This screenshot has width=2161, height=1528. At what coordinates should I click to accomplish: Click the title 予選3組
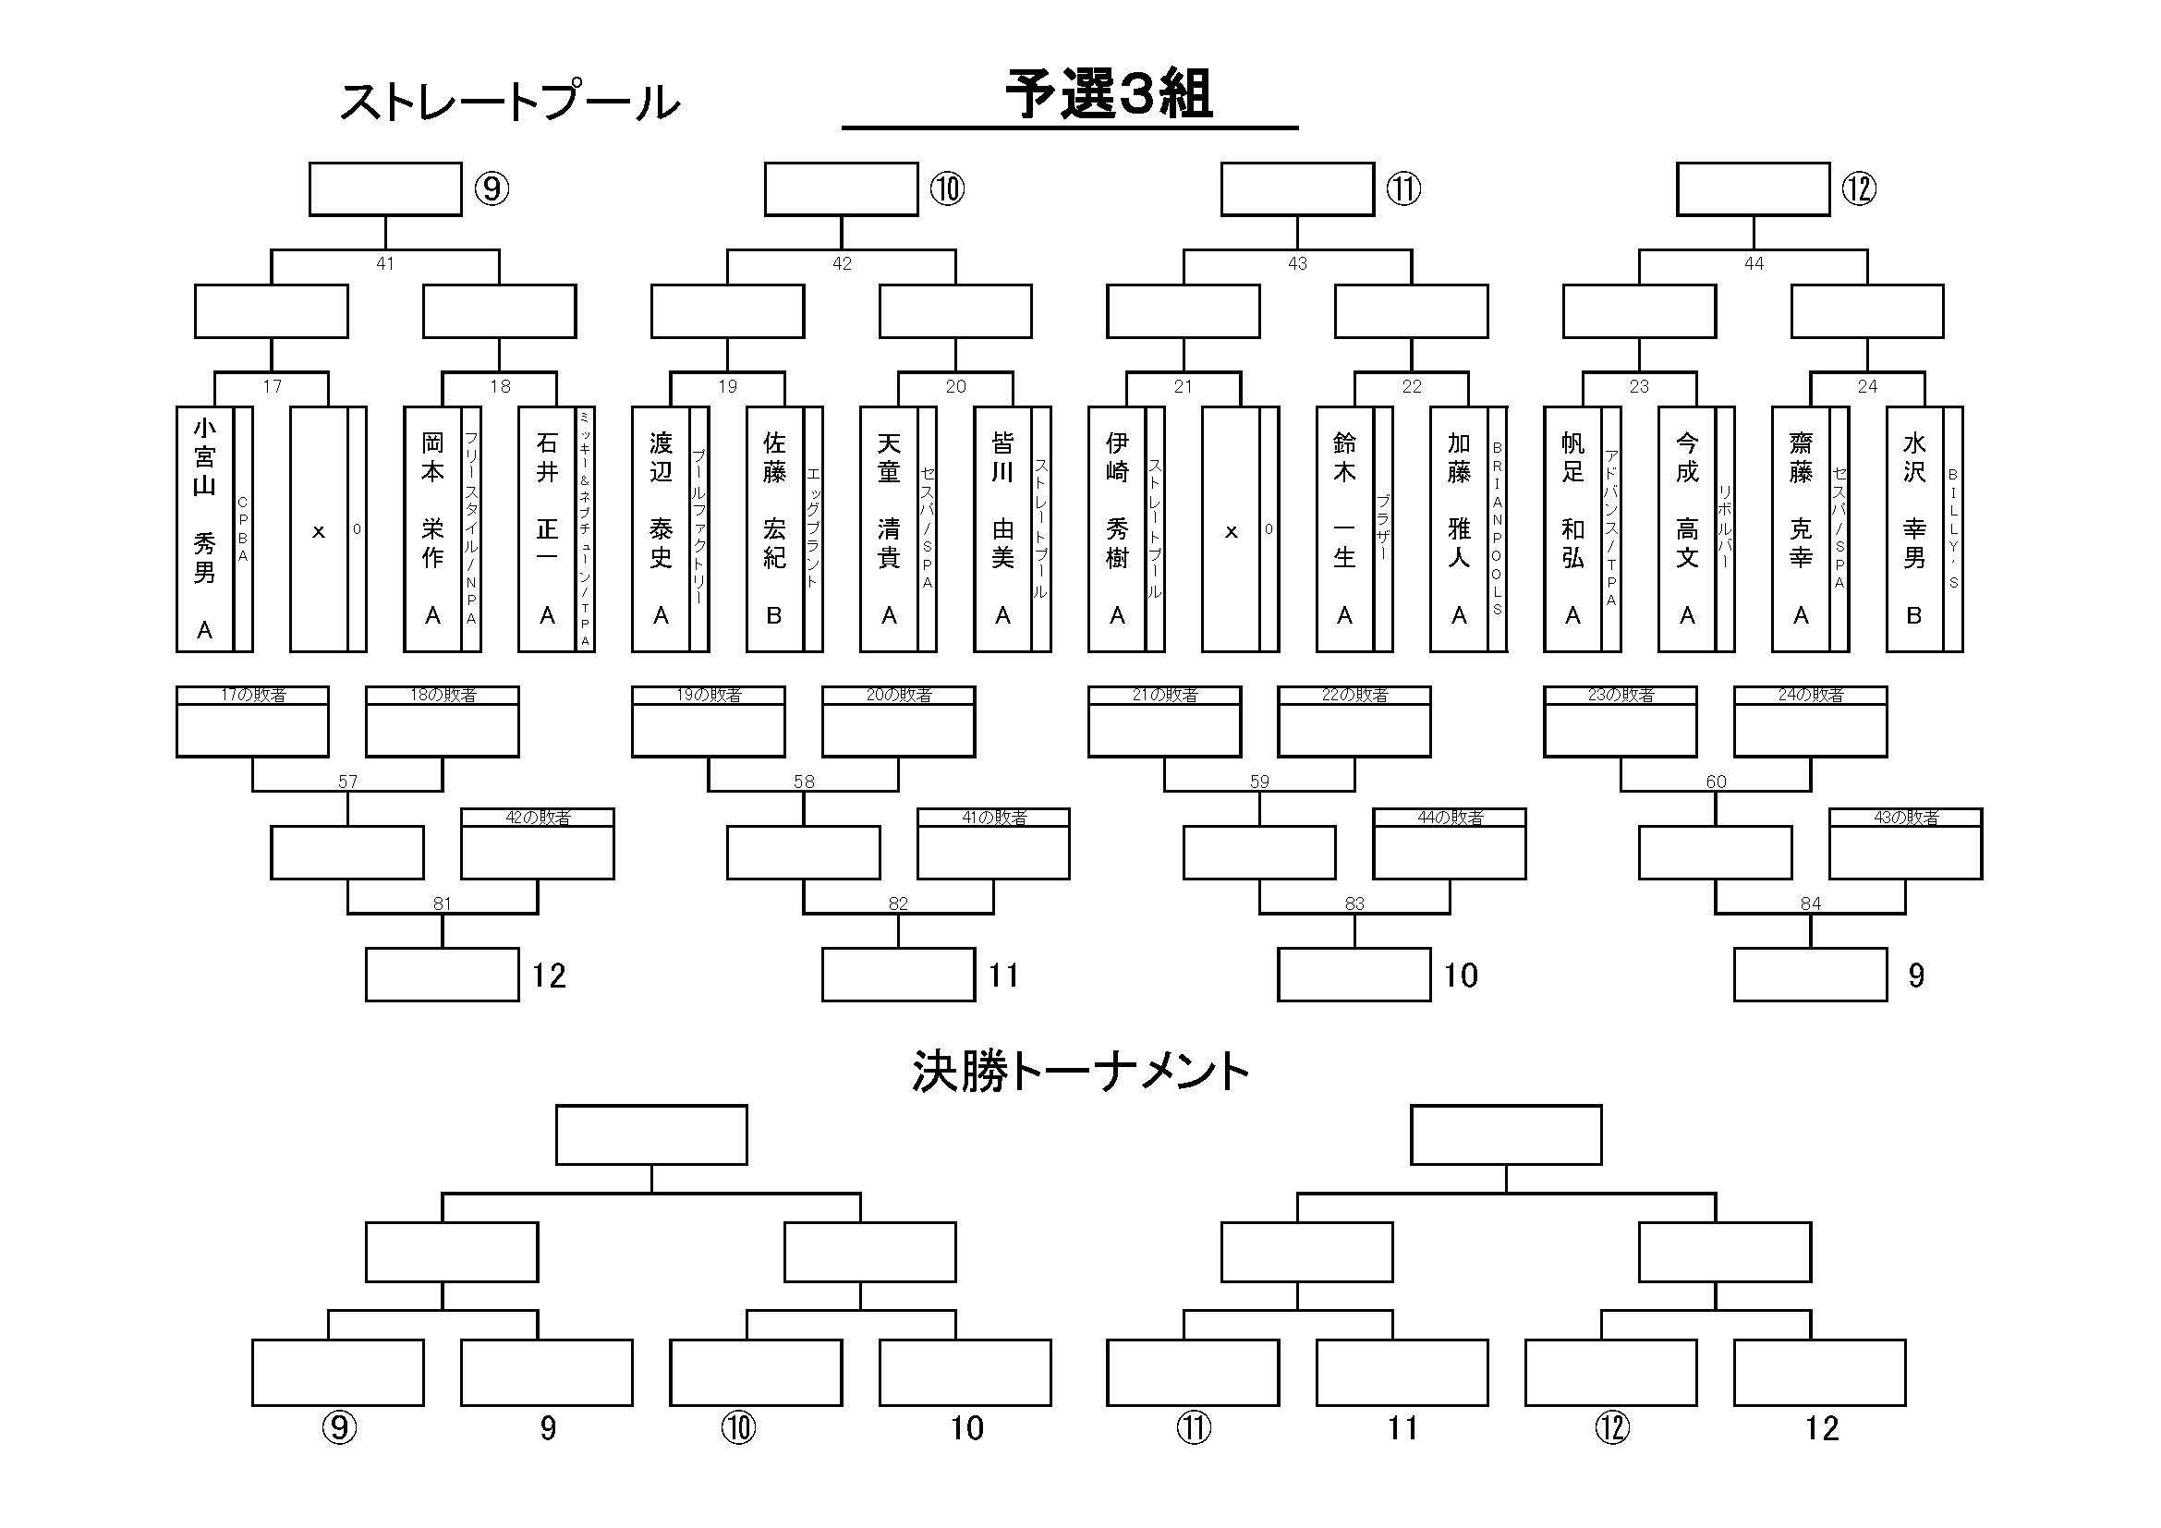(x=1109, y=95)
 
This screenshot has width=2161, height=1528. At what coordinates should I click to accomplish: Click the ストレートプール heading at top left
(x=509, y=103)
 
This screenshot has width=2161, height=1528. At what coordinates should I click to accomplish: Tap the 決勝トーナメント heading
(x=1079, y=1072)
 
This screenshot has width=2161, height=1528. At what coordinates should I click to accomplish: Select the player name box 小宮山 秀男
(x=204, y=528)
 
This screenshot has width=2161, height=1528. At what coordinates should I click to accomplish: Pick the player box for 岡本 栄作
(x=432, y=528)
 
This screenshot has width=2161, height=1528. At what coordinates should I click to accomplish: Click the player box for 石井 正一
(x=547, y=528)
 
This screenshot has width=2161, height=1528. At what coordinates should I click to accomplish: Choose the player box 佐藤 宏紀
(x=774, y=528)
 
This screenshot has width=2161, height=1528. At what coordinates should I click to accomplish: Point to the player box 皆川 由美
(x=1002, y=528)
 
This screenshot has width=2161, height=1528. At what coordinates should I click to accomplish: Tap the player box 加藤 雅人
(x=1458, y=528)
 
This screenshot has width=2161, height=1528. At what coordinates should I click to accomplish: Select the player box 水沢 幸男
(x=1913, y=528)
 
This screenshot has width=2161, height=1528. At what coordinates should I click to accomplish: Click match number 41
(x=385, y=263)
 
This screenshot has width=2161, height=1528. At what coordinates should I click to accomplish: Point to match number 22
(x=1412, y=387)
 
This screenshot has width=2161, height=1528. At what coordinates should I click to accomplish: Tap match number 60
(x=1716, y=782)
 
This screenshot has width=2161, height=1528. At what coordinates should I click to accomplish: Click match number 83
(x=1354, y=904)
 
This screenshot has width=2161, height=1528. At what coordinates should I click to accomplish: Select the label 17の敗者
(x=252, y=696)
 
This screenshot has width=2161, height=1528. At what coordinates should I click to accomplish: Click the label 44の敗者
(x=1450, y=818)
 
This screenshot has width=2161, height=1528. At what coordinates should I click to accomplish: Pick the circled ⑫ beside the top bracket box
(x=1859, y=189)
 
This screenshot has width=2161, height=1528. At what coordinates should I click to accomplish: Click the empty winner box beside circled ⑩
(x=841, y=189)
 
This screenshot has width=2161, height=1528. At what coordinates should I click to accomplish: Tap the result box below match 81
(x=442, y=975)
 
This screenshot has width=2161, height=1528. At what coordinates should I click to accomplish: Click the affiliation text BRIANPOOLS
(x=1498, y=528)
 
